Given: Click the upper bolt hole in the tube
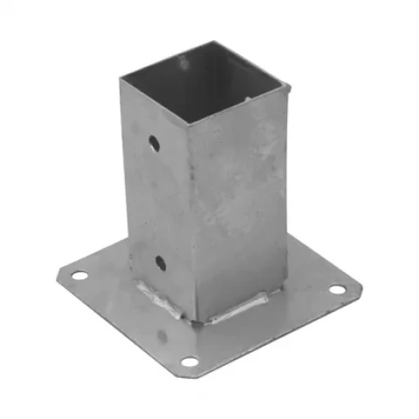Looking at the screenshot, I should coord(154,141).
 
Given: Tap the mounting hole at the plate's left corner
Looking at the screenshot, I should coord(79,276).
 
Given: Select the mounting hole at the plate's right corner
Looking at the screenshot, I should coord(336,290).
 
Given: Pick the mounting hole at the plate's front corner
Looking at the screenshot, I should coord(189,361).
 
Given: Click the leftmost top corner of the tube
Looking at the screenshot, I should coord(120,78).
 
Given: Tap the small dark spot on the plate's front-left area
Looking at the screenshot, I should coord(161,334).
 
